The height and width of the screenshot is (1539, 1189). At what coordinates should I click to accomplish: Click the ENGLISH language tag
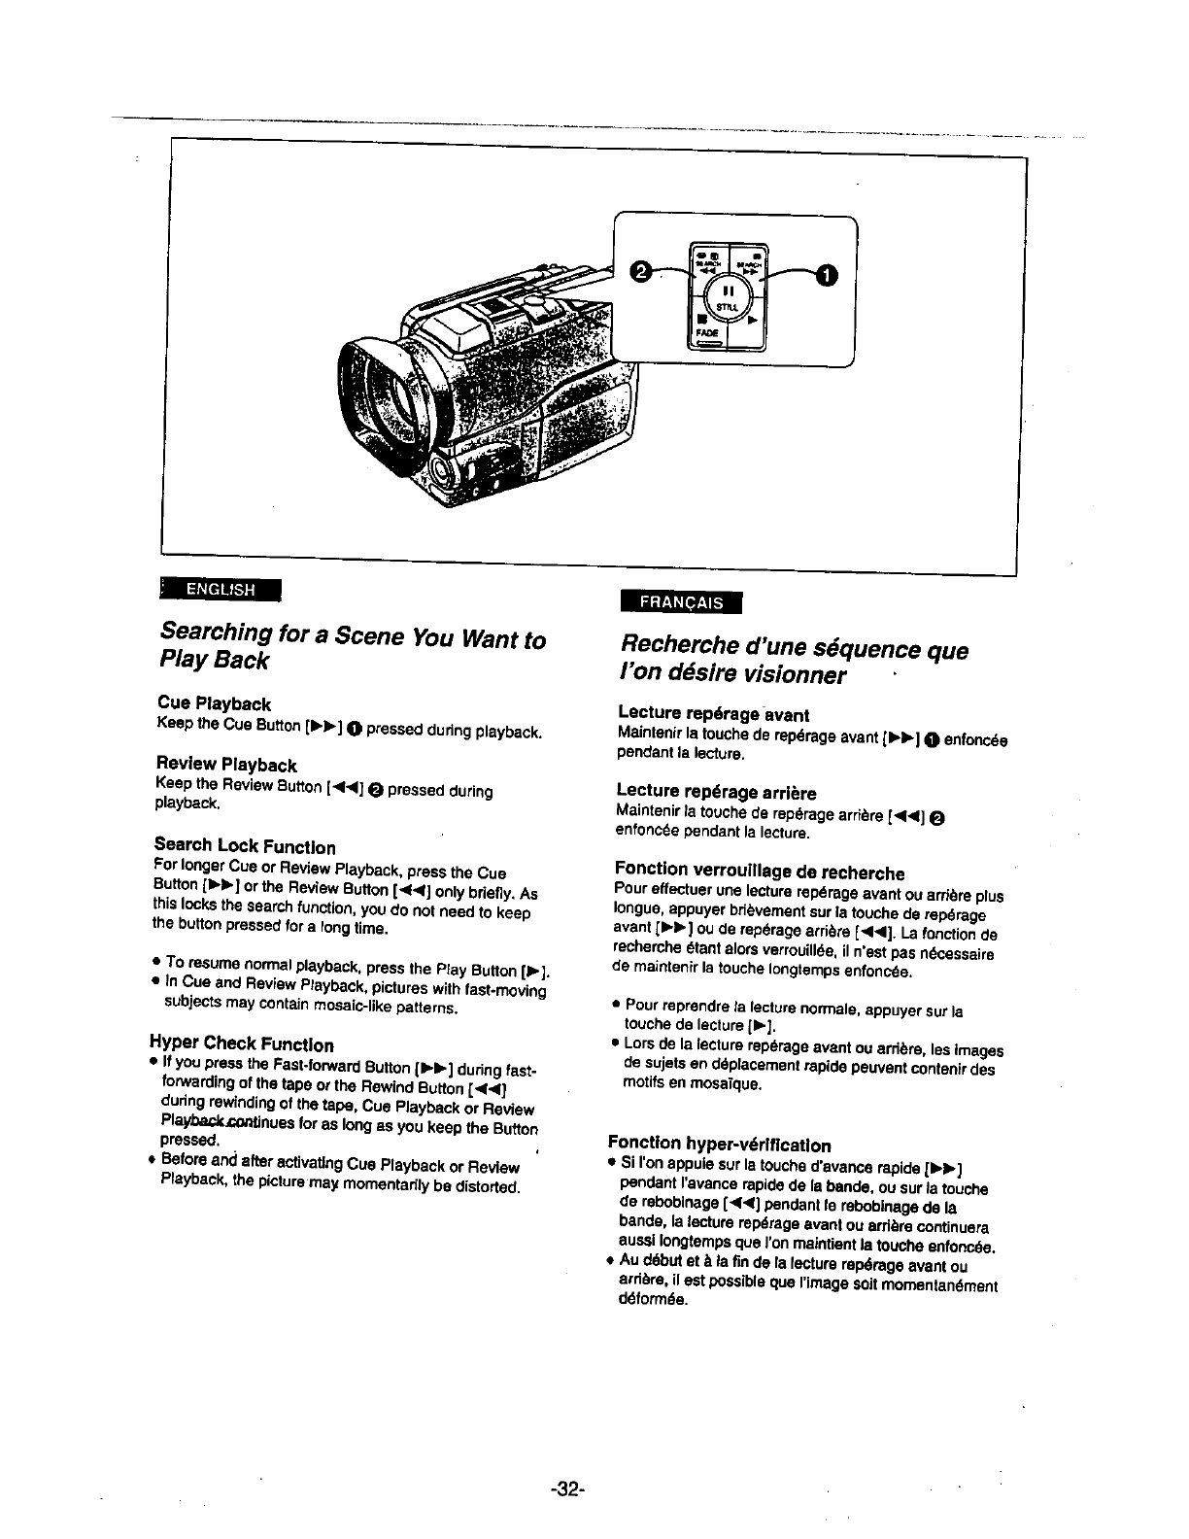click(220, 590)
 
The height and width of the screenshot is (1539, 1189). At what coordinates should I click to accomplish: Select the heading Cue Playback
click(214, 703)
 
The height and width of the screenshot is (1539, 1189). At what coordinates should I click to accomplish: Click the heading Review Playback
click(225, 766)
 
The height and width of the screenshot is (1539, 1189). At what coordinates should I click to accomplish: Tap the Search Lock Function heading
click(245, 846)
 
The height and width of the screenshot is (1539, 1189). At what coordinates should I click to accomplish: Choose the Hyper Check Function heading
click(242, 1045)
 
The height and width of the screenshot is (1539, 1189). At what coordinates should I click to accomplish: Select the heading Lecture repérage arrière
click(717, 793)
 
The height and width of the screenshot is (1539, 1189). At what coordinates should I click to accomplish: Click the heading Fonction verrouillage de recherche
click(760, 872)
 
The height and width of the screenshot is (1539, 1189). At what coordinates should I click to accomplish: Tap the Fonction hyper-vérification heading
click(719, 1146)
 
